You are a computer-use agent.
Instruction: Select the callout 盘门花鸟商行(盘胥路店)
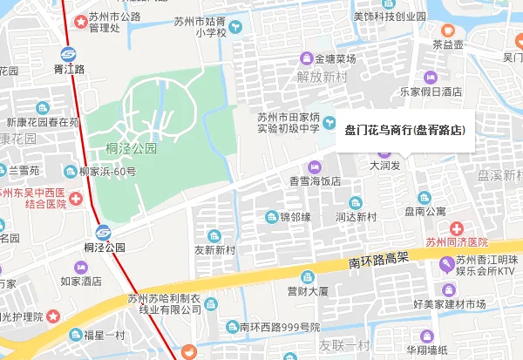[404, 130]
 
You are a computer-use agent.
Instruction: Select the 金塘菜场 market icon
[306, 58]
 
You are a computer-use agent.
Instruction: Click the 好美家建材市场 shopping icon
[448, 289]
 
